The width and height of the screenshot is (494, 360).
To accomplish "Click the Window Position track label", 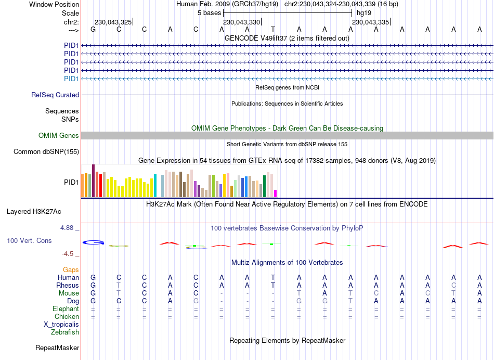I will (54, 4).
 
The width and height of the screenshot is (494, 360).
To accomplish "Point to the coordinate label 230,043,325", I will (113, 22).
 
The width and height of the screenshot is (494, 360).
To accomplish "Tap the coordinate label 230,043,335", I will (370, 22).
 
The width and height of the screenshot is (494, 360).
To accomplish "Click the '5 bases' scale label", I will (210, 12).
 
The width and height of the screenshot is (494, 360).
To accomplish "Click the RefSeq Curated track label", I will (55, 95).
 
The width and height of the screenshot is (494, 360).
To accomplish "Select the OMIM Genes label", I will (59, 135).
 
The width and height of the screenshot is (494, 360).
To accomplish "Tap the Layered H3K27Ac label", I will (34, 212).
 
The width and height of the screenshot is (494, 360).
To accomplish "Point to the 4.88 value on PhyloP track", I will (69, 228).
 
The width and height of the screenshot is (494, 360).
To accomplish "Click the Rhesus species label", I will (68, 285).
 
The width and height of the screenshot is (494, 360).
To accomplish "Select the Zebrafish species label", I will (65, 332).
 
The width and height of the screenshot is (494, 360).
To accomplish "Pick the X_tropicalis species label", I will (61, 324).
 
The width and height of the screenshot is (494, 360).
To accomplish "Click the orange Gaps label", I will (71, 269).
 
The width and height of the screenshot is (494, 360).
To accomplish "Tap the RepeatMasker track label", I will (57, 348).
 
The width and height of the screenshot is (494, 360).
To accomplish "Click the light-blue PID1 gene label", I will (71, 79).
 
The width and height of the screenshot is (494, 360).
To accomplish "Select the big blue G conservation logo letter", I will (94, 242).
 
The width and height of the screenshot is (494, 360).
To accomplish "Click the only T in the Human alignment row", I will (273, 277).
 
